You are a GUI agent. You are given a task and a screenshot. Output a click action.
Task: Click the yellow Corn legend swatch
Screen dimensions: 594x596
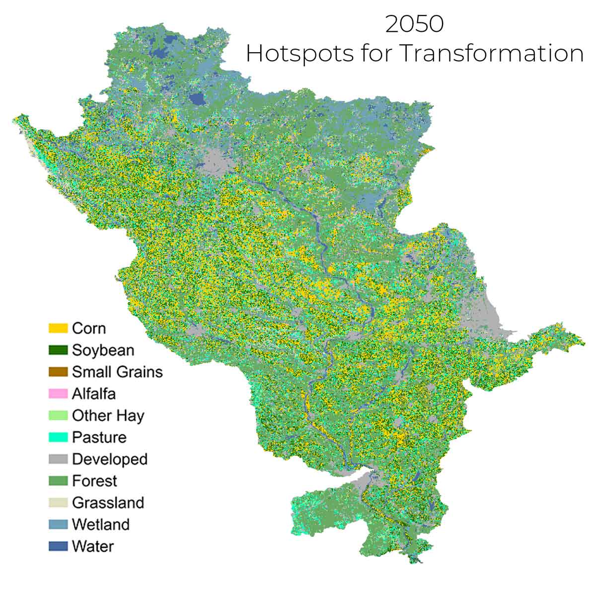[58, 328]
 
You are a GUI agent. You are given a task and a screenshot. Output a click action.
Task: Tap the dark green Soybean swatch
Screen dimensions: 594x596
[58, 350]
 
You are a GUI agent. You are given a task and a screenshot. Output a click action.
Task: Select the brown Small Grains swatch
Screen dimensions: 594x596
[58, 372]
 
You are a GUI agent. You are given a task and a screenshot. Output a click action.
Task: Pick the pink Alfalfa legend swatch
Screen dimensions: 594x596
[58, 394]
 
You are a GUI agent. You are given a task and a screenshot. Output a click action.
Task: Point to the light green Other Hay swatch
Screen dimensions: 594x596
[58, 416]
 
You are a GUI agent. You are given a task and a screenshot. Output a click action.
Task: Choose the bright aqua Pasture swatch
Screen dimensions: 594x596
[58, 437]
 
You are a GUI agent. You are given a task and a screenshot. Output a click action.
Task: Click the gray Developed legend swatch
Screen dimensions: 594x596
[58, 459]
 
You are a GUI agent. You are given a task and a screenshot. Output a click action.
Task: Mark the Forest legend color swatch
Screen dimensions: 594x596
[58, 481]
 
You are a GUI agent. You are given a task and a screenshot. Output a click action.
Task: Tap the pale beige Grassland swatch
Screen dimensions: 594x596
[58, 503]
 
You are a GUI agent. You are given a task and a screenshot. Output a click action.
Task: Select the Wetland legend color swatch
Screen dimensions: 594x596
[58, 524]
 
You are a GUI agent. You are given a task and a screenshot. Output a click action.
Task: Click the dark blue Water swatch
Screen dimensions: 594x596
[58, 546]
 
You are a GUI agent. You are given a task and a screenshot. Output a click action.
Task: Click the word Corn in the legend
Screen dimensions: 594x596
[89, 328]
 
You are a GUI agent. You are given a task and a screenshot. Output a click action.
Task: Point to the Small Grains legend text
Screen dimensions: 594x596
[117, 372]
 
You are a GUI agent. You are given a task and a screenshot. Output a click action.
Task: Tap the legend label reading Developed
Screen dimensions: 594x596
[110, 459]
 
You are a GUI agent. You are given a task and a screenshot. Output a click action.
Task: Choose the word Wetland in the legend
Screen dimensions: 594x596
[101, 524]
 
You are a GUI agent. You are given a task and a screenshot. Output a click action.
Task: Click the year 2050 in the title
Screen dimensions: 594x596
[414, 24]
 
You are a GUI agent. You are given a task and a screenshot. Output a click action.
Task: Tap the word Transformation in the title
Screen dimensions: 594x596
[492, 53]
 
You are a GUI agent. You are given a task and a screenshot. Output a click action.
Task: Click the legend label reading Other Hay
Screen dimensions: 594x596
[108, 416]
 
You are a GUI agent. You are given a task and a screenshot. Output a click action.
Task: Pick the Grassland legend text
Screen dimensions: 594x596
[108, 503]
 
